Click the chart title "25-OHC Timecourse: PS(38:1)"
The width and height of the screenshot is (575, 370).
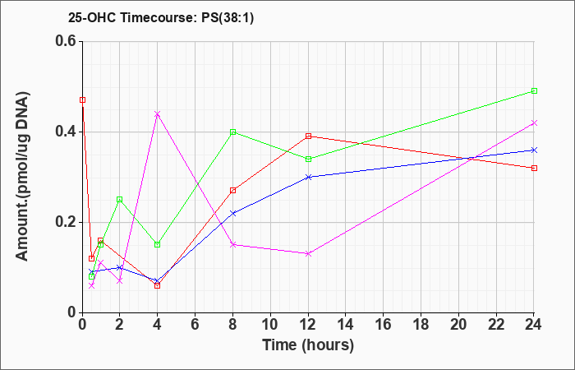coord(161,18)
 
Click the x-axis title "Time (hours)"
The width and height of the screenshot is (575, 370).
coord(308,345)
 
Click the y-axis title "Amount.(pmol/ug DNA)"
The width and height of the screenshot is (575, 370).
coord(23,177)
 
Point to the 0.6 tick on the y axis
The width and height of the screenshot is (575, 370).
coord(67,41)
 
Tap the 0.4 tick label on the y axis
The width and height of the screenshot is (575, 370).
coord(67,132)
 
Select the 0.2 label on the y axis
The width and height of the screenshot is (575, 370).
coord(67,222)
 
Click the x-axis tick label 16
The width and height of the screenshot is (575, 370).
coord(384,325)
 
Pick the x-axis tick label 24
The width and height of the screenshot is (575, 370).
coord(534,325)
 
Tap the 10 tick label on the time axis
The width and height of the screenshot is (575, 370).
coord(270,325)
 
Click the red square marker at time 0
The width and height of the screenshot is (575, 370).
coord(82,99)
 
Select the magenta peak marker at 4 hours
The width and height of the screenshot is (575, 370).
coord(158,113)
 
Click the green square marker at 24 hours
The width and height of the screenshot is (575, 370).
coord(534,90)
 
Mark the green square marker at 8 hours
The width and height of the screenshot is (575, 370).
coord(232,132)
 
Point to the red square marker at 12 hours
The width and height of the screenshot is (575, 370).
coord(308,136)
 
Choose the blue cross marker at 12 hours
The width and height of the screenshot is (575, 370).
coord(308,177)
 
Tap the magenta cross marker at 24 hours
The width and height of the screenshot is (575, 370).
coord(534,123)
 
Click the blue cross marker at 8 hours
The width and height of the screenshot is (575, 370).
coord(232,213)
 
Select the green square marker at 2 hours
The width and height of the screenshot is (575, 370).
coord(120,200)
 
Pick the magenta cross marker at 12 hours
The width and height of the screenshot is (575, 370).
coord(308,253)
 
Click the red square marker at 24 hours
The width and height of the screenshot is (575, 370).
coord(534,168)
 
